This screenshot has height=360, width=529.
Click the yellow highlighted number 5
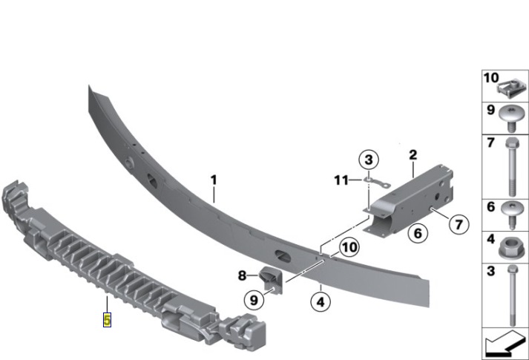tap(107, 320)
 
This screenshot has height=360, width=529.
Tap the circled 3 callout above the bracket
tap(369, 160)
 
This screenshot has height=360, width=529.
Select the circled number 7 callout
tap(459, 224)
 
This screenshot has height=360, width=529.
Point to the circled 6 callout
tap(418, 233)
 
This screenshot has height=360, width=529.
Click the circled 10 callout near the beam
tap(349, 247)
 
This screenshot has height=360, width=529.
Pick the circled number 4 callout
tap(321, 301)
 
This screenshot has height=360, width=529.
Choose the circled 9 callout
tap(254, 300)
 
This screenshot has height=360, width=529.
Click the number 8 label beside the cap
tap(242, 275)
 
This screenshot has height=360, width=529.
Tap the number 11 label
tap(341, 180)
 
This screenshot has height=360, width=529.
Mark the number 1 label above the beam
tap(214, 180)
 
